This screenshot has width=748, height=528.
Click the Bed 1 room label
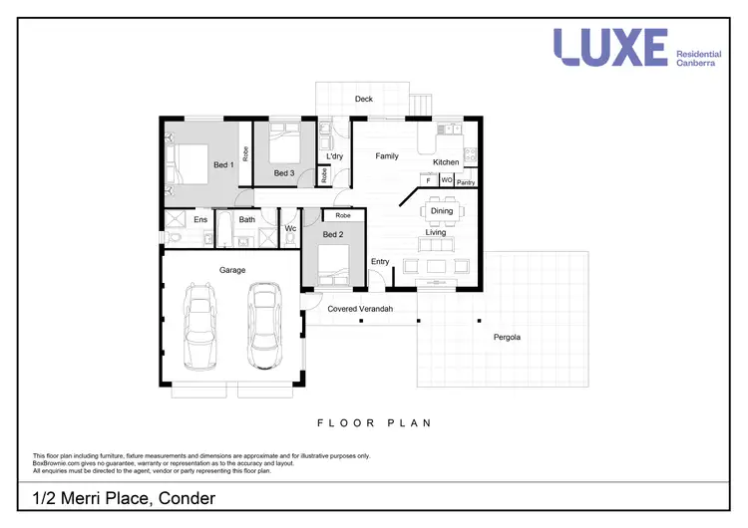(223, 164)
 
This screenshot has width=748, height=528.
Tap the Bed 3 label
(284, 173)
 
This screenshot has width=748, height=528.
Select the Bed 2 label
(335, 234)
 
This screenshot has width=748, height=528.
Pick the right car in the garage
(264, 326)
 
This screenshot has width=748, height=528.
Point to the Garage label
(232, 270)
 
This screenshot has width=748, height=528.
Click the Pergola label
(508, 337)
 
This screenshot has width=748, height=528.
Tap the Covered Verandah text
(360, 310)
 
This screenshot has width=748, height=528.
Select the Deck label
(364, 100)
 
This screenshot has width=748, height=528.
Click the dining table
(441, 211)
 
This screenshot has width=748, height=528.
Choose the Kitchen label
(446, 161)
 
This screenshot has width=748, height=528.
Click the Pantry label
(466, 181)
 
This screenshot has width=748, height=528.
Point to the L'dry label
(335, 157)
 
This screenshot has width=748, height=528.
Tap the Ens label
(200, 219)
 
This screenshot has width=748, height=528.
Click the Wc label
(290, 229)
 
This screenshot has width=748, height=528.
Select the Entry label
(380, 262)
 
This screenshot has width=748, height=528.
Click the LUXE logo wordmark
(610, 47)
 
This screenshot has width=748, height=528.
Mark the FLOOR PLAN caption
(374, 423)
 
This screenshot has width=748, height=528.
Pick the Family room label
(387, 156)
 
